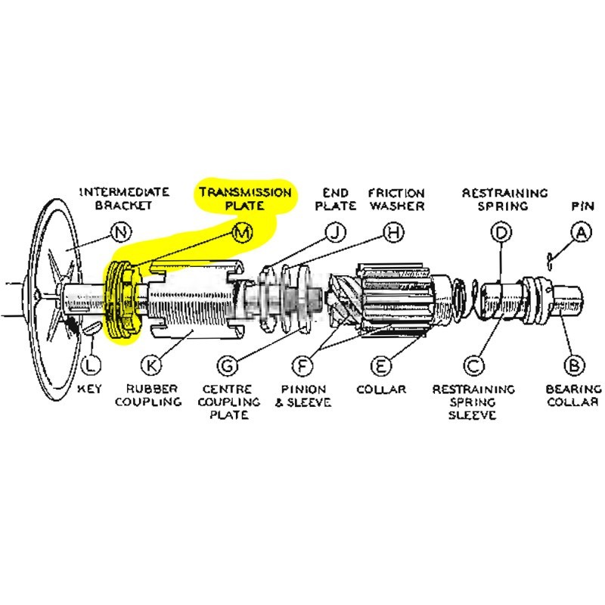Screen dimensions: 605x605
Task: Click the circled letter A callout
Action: click(580, 234)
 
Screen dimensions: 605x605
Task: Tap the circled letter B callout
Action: click(575, 365)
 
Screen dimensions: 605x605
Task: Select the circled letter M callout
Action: click(242, 233)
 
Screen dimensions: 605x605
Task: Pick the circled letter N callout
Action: click(120, 233)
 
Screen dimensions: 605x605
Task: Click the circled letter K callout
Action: click(151, 365)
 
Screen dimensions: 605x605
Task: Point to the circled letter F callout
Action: click(302, 365)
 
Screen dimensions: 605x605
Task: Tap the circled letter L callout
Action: click(90, 365)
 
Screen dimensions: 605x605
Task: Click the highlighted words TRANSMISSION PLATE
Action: click(245, 198)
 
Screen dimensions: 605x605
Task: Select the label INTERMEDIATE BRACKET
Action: click(124, 198)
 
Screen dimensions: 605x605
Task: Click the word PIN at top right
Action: click(579, 205)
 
